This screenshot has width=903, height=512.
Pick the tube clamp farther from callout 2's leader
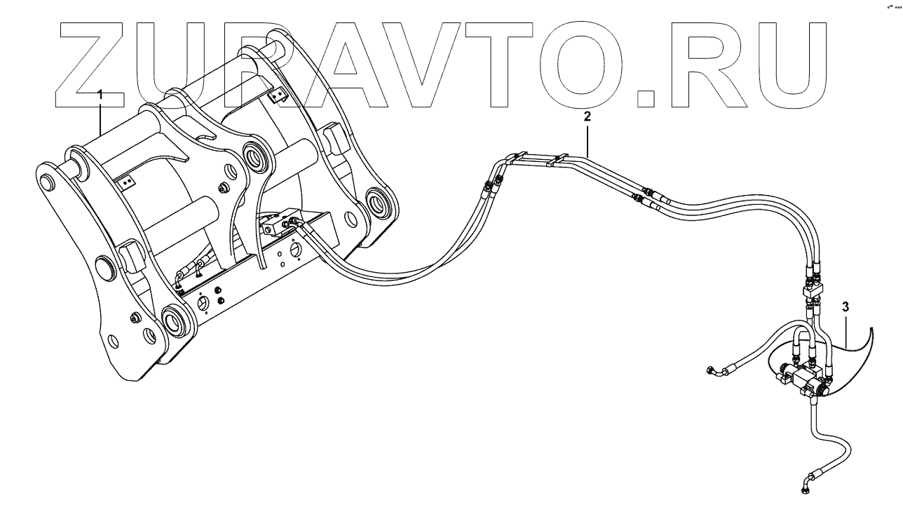pyautogui.click(x=520, y=158)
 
